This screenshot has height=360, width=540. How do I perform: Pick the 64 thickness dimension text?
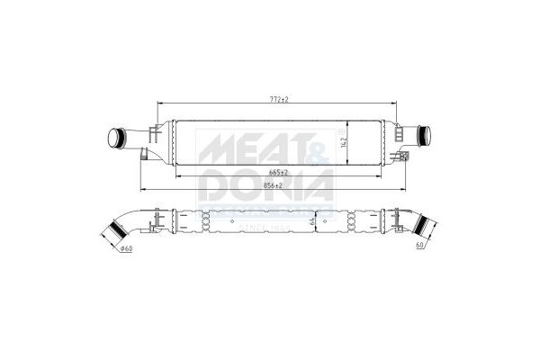click(311, 220)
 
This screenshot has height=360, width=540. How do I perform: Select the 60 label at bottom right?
click(419, 245)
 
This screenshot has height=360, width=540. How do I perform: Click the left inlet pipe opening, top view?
click(114, 139)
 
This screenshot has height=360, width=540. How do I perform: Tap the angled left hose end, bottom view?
click(114, 236)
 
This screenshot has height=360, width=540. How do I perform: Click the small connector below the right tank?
click(406, 157)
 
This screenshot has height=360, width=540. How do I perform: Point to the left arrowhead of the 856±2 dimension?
click(144, 190)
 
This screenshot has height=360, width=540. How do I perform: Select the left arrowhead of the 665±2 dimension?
click(176, 176)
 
